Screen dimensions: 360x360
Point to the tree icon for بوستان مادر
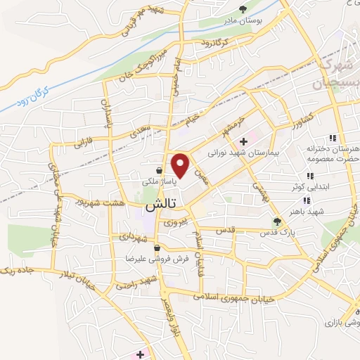(243, 9)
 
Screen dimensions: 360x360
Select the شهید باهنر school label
(307, 210)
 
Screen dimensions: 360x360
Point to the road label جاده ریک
(17, 269)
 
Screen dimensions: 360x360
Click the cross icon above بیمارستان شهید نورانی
(243, 141)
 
